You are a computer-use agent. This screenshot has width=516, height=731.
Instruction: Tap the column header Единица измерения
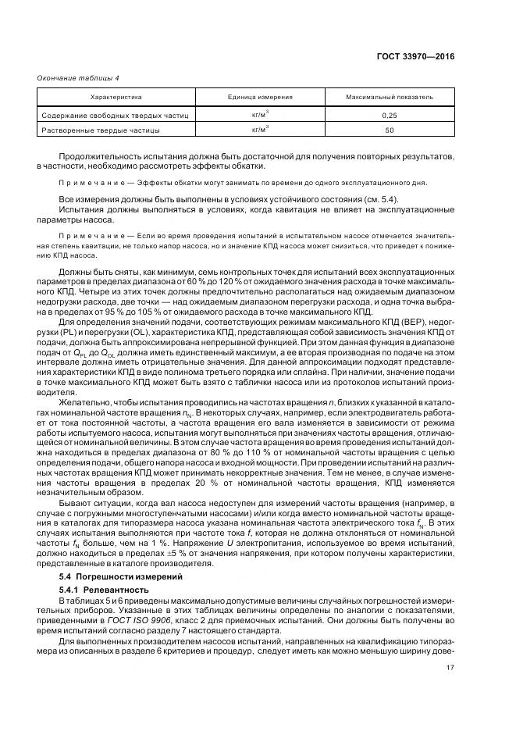pyautogui.click(x=260, y=98)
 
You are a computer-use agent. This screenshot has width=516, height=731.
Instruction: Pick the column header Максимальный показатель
pyautogui.click(x=390, y=98)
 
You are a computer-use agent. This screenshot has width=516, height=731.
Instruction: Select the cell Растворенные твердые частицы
pyautogui.click(x=101, y=130)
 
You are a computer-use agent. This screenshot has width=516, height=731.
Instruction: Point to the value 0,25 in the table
pyautogui.click(x=390, y=115)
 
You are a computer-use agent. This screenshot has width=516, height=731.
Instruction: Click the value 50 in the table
pyautogui.click(x=390, y=130)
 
